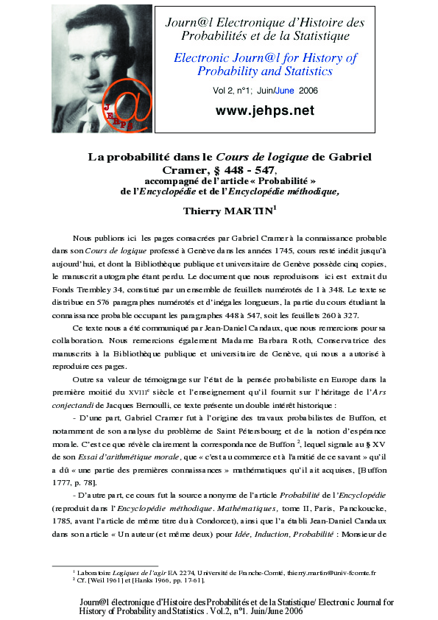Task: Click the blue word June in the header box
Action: [x=287, y=91]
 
